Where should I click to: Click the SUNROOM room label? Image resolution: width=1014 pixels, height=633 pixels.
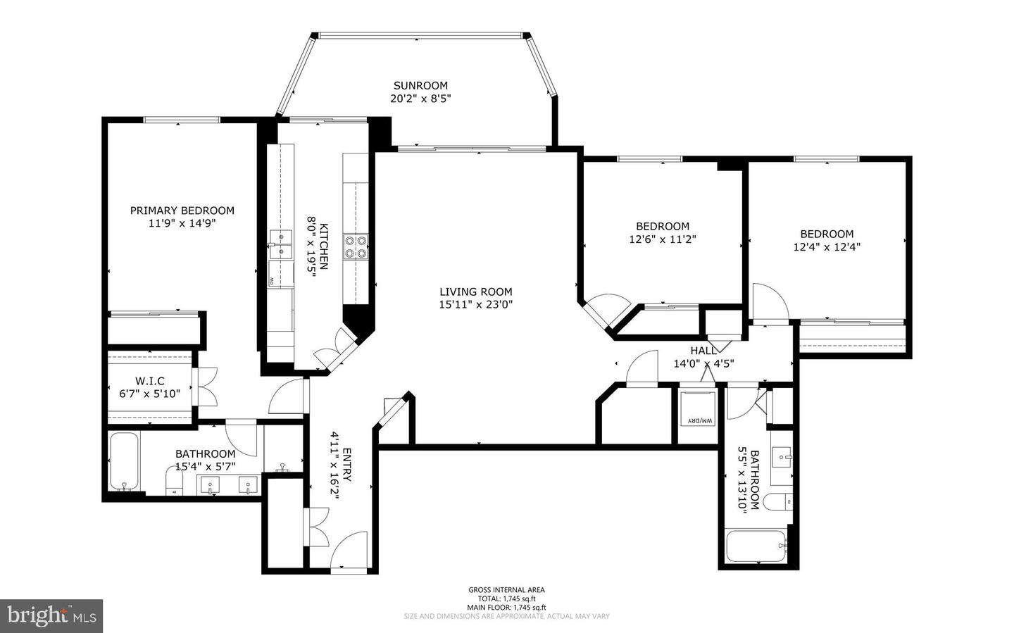(420, 86)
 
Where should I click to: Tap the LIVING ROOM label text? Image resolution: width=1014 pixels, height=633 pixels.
(476, 292)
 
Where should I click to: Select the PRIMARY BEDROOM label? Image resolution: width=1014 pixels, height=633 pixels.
(182, 211)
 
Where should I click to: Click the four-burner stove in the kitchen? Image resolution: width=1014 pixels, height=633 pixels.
(355, 246)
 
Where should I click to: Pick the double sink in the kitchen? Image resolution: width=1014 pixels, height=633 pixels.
(280, 244)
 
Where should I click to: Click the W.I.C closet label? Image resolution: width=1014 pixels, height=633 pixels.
(150, 381)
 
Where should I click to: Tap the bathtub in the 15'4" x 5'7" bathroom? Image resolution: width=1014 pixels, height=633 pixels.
(125, 462)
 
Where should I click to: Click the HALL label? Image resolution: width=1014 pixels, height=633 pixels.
(703, 351)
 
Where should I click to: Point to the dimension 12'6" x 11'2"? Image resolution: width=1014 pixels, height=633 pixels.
(663, 239)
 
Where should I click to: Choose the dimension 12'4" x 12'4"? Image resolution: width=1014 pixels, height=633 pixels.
(827, 247)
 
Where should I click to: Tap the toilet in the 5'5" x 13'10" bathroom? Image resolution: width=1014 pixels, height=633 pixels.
(778, 503)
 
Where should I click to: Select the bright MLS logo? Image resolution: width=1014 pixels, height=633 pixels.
(51, 616)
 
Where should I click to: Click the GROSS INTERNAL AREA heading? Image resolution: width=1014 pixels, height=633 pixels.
(506, 590)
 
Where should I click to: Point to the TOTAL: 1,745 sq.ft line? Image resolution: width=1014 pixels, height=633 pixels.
(506, 598)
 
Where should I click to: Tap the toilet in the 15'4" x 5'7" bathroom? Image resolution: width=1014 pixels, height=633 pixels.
(173, 482)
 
